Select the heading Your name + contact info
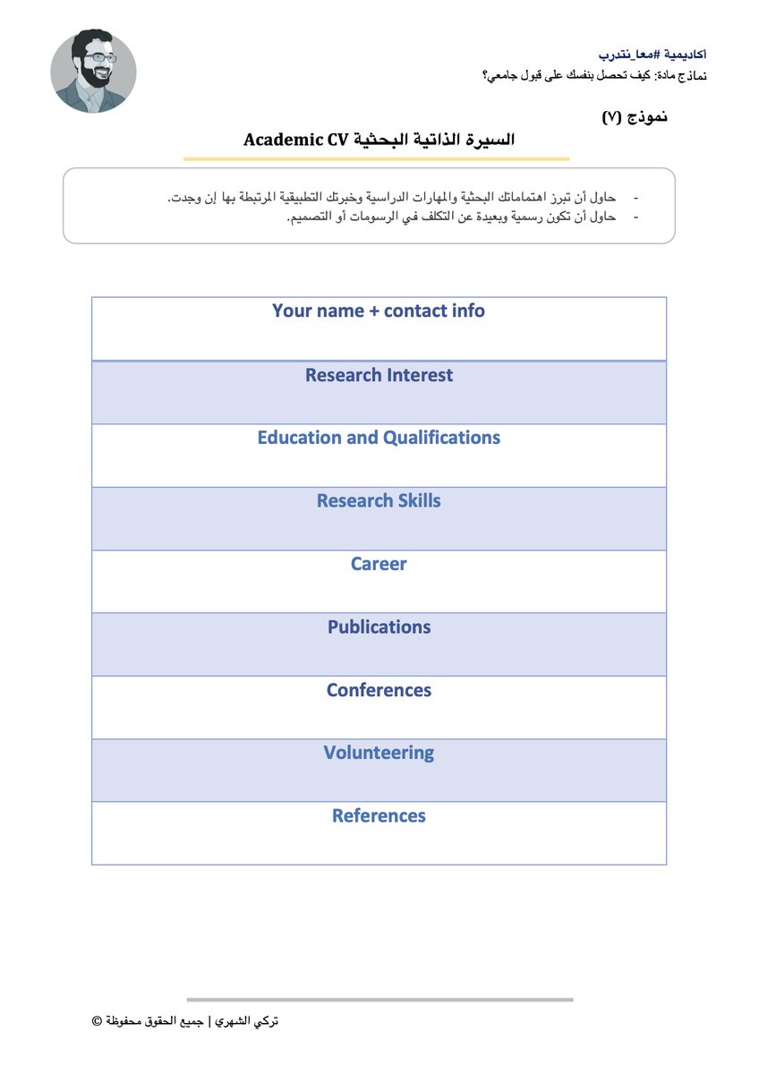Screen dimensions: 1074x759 (x=379, y=311)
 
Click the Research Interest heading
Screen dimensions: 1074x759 (x=379, y=376)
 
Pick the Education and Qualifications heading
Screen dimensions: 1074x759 (x=379, y=439)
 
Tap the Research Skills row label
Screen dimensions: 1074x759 (x=379, y=501)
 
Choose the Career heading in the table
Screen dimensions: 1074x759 (x=379, y=565)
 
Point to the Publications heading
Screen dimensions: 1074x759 (x=379, y=627)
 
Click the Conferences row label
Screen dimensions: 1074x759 (x=379, y=691)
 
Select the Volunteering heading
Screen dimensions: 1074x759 (x=379, y=754)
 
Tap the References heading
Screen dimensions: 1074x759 (x=379, y=816)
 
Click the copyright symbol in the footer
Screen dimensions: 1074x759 (x=97, y=1021)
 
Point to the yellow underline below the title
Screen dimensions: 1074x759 (x=376, y=159)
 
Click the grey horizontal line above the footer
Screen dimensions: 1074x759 (x=379, y=1000)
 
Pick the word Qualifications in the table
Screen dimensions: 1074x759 (x=441, y=439)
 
